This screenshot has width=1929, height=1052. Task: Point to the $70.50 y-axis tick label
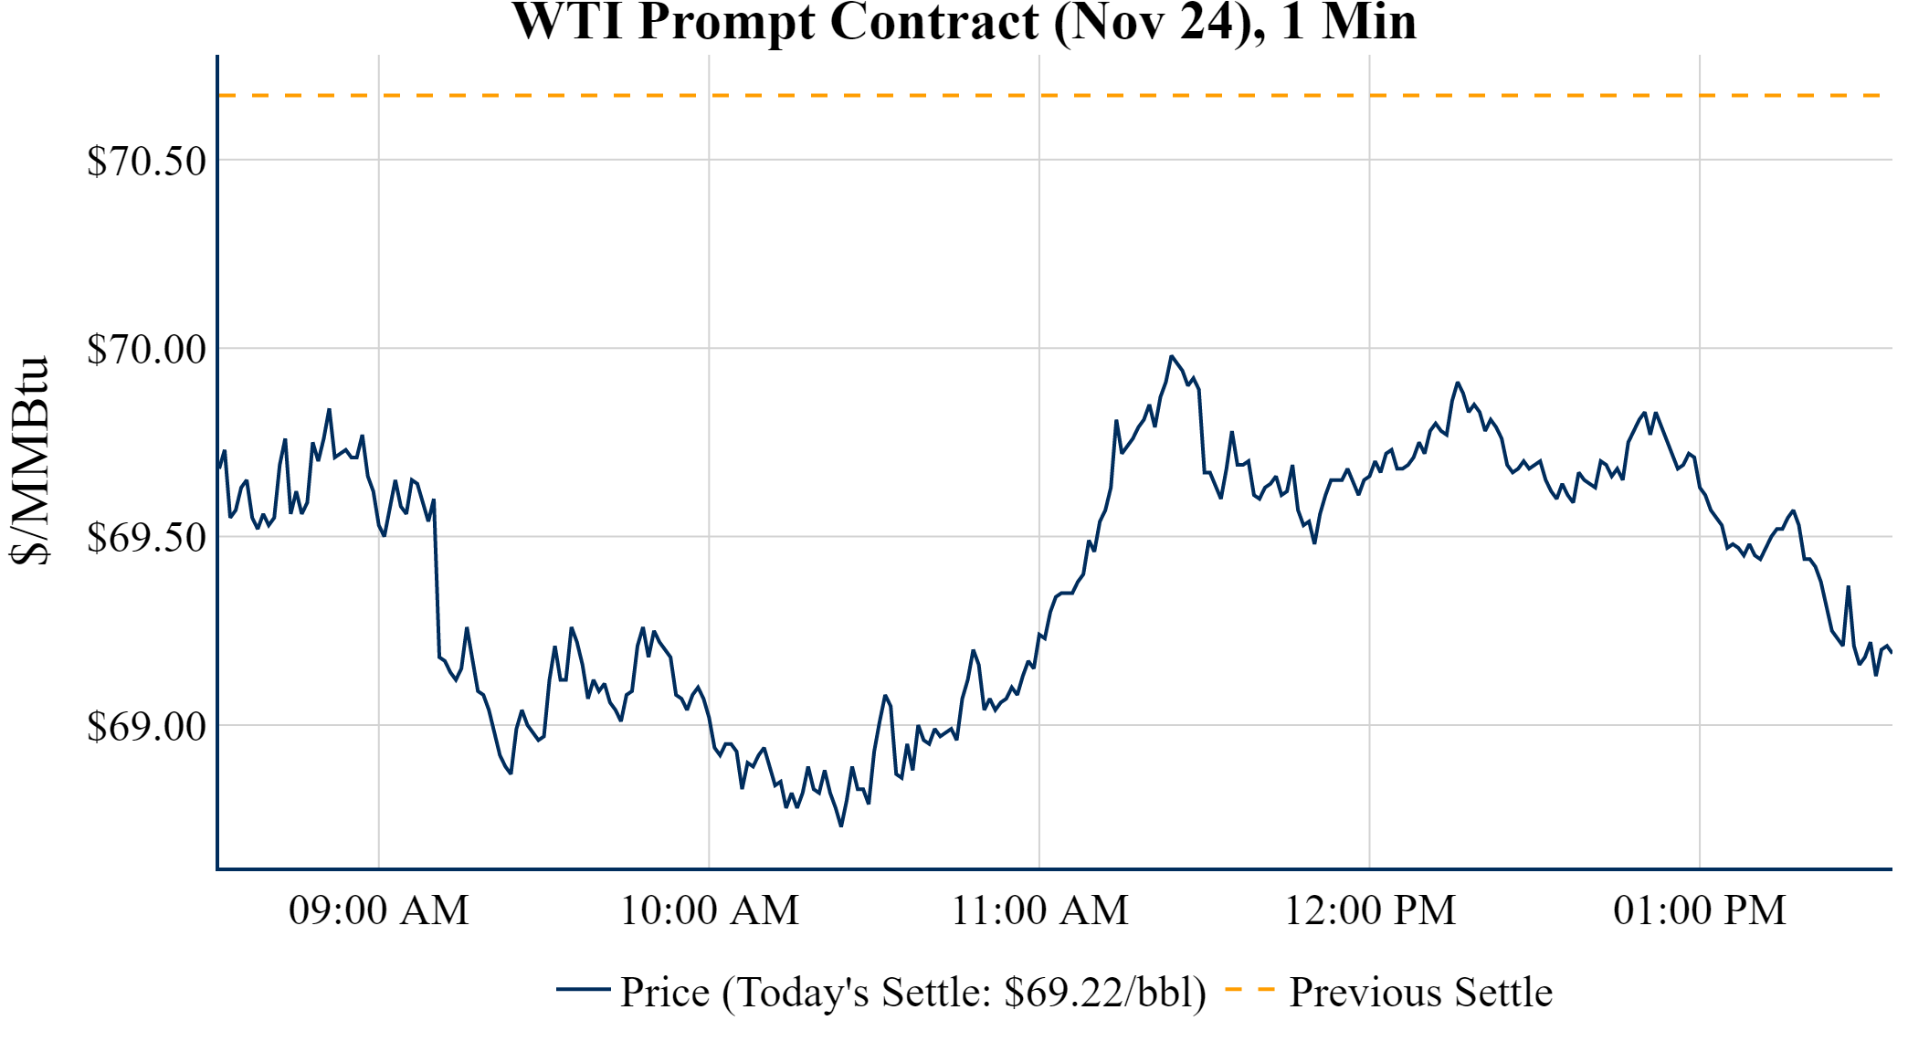coord(146,161)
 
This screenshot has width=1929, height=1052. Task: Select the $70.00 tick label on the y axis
coord(146,349)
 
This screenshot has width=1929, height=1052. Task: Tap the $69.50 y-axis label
coord(146,537)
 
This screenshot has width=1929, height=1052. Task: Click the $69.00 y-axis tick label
coord(146,726)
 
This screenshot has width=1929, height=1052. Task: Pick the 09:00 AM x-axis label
coord(379,910)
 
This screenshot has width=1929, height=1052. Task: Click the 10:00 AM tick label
coord(710,910)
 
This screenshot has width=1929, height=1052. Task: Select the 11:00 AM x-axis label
coord(1039,910)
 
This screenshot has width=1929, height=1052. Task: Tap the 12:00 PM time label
coord(1370,910)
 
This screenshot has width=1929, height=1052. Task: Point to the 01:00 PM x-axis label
coord(1700,910)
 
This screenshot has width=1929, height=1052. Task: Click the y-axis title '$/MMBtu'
coord(29,461)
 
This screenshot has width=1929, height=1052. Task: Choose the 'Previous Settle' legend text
coord(1420,993)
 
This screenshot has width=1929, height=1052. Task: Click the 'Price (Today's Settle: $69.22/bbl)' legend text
coord(913,993)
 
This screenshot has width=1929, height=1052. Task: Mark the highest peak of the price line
coord(1171,356)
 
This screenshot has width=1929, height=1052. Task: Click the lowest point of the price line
coord(841,826)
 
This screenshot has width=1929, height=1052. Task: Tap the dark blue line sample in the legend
coord(583,989)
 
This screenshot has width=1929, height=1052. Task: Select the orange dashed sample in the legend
coord(1249,989)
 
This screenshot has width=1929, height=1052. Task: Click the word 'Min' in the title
coord(1368,22)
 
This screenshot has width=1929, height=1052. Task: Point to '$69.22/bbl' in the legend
coord(1104,993)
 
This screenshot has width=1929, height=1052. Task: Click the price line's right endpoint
coord(1892,652)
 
